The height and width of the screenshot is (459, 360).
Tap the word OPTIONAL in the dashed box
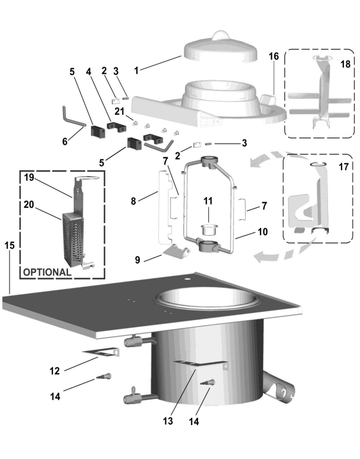[46, 271]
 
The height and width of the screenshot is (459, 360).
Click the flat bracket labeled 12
[102, 355]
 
